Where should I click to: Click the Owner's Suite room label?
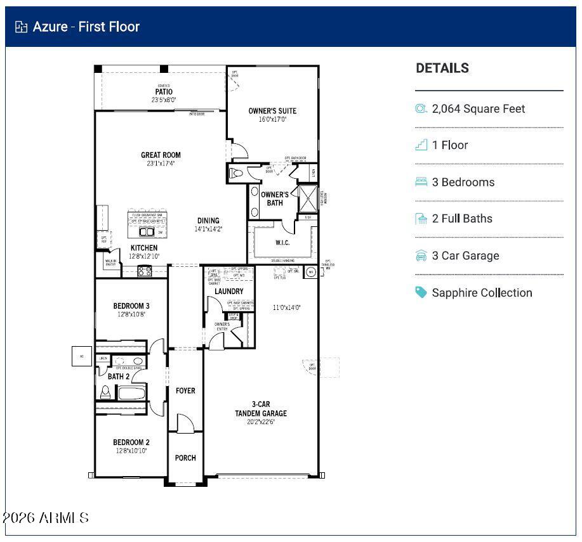[272, 111]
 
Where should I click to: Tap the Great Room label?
[161, 155]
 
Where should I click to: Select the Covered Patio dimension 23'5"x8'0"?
[163, 100]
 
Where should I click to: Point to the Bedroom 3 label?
[131, 306]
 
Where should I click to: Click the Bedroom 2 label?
[131, 442]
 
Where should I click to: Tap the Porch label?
[185, 458]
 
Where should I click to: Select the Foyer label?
[185, 390]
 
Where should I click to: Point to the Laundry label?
[228, 291]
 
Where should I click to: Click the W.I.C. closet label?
[282, 243]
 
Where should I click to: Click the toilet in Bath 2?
[105, 392]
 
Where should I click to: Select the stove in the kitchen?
[145, 271]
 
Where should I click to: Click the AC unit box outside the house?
[81, 356]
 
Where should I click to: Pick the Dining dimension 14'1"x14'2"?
[208, 229]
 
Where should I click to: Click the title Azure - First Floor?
[86, 27]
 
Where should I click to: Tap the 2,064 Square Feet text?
[479, 109]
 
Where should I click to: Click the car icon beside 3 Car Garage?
[421, 255]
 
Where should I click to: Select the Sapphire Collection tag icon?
[421, 292]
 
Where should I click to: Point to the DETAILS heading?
[442, 68]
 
